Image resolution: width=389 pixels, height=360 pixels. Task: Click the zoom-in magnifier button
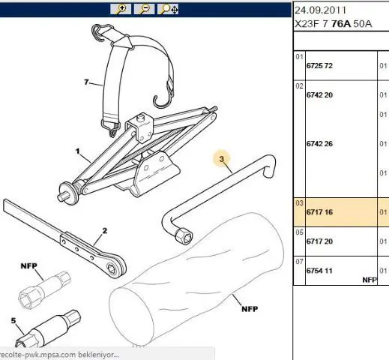121,9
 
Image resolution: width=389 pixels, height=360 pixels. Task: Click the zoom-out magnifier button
144,9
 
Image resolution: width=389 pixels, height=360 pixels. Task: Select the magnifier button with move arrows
168,9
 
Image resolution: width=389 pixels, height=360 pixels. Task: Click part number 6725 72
319,66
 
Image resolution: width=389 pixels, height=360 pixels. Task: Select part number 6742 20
319,95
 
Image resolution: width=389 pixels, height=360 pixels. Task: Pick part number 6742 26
319,144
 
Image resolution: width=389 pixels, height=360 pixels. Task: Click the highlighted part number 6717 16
319,212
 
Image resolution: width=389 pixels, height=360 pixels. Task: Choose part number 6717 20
319,241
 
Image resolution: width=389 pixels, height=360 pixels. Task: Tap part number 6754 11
319,271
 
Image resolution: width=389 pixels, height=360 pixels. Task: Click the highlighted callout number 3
222,159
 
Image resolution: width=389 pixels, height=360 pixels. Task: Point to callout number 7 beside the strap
86,82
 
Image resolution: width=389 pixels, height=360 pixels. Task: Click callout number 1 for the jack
78,151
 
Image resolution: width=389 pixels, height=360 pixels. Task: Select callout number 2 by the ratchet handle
105,231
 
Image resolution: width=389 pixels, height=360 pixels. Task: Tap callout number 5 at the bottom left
13,320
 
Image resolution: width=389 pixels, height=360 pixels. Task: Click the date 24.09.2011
321,10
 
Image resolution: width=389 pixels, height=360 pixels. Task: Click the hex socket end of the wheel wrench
184,235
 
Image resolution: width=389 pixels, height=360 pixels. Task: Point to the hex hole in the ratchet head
112,269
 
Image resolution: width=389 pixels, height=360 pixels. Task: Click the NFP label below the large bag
250,309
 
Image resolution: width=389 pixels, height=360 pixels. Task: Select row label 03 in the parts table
299,203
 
